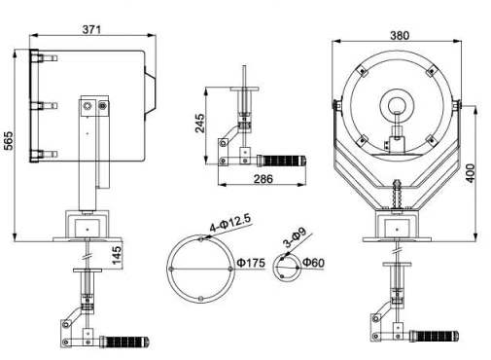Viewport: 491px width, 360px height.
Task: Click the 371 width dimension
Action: [91, 29]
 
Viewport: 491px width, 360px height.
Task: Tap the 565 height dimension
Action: [9, 140]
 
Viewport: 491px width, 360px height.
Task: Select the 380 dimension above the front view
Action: [400, 35]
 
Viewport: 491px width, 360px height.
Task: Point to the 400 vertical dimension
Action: [471, 173]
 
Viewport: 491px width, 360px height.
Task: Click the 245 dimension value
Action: [200, 124]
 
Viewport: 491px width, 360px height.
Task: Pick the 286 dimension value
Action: [263, 179]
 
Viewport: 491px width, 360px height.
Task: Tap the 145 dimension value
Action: [117, 255]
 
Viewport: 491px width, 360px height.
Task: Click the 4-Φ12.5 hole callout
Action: [230, 223]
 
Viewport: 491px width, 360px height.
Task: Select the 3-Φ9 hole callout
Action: [295, 238]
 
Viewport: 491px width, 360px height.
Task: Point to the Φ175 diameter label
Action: [251, 263]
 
